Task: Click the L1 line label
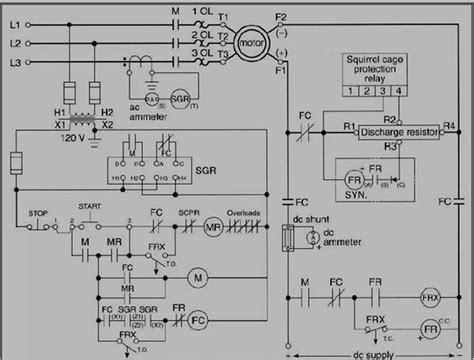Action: (14, 21)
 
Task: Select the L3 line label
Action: (14, 62)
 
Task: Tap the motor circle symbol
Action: (253, 43)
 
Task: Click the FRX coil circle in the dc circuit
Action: (431, 297)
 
